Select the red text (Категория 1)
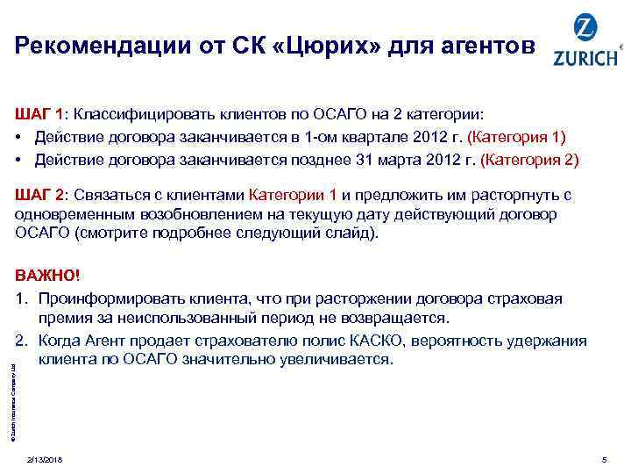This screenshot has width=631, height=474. (x=518, y=137)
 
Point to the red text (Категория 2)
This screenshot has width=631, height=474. (x=531, y=160)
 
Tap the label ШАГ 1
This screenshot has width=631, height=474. (x=38, y=114)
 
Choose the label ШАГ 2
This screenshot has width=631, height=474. (x=38, y=194)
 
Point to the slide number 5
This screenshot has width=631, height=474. (x=604, y=460)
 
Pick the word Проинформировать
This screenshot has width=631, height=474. (x=117, y=298)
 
